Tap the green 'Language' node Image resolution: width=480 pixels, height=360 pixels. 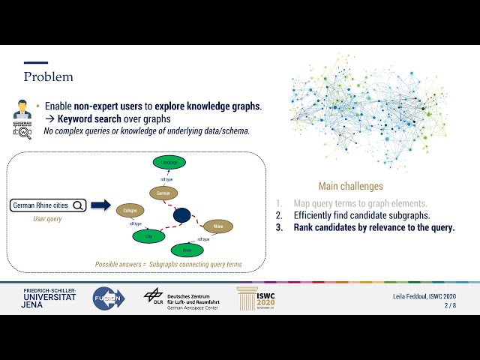click(x=169, y=162)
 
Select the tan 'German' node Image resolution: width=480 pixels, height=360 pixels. click(x=164, y=193)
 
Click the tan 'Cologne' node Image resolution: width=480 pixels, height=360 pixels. click(x=130, y=211)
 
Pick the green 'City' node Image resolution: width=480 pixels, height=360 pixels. click(x=148, y=236)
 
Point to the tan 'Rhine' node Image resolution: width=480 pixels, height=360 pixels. click(x=218, y=226)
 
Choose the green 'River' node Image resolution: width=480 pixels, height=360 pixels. click(x=187, y=250)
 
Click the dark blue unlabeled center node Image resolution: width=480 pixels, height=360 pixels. click(x=181, y=215)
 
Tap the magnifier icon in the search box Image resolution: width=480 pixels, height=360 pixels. click(x=78, y=205)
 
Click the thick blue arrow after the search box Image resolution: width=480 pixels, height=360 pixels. click(x=100, y=205)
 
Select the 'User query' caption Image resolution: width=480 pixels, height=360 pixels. click(x=47, y=219)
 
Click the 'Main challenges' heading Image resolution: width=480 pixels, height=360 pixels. click(x=350, y=186)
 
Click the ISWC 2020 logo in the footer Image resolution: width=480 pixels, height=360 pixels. click(x=256, y=298)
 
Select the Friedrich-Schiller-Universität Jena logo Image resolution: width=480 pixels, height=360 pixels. click(x=49, y=298)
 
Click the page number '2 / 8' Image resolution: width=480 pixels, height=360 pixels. click(x=449, y=306)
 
